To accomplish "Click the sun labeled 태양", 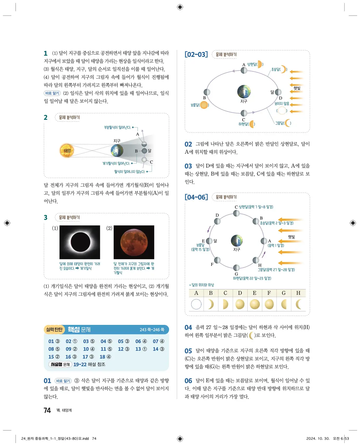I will pos(67,151).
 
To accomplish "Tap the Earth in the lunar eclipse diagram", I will pos(117,151).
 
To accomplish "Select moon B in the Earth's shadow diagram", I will pos(144,151).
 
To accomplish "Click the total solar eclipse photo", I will pos(80,242).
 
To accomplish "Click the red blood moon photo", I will pos(134,242).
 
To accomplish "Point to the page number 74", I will pos(47,410).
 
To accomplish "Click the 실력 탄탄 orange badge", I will pos(54,329).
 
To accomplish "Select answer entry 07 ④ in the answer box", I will pos(158,341).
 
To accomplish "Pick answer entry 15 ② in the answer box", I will pos(54,357).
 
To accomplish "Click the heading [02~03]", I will pos(196,55).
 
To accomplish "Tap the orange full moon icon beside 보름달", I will pos(204,105).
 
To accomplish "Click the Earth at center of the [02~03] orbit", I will pos(244,92).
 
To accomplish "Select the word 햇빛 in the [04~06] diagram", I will pos(291,237).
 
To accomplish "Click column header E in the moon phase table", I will pos(254,293).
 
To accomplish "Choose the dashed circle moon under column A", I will pos(196,304).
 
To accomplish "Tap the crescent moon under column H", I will pos(298,304).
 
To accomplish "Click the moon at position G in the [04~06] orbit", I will pos(236,268).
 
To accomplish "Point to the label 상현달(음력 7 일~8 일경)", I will pos(256,207).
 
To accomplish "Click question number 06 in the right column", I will pos(188,381).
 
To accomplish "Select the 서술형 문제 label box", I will pos(60,364).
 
